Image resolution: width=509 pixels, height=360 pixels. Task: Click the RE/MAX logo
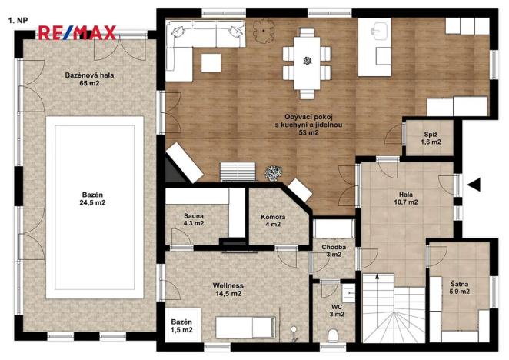click(x=77, y=32)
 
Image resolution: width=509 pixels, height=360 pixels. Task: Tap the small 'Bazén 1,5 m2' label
click(x=181, y=325)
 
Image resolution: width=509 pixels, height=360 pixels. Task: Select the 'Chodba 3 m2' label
click(x=334, y=251)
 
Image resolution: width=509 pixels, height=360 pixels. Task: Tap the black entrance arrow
click(x=474, y=185)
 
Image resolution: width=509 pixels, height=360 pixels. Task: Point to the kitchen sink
click(x=378, y=32)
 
